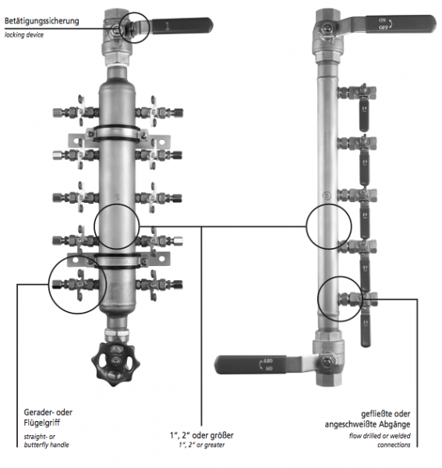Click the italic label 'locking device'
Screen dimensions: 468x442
tap(25, 34)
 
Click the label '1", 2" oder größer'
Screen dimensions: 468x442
tap(200, 434)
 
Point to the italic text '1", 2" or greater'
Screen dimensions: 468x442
tap(200, 444)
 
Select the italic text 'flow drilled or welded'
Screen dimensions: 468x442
tap(380, 436)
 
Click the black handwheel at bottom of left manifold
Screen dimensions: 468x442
tap(115, 362)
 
